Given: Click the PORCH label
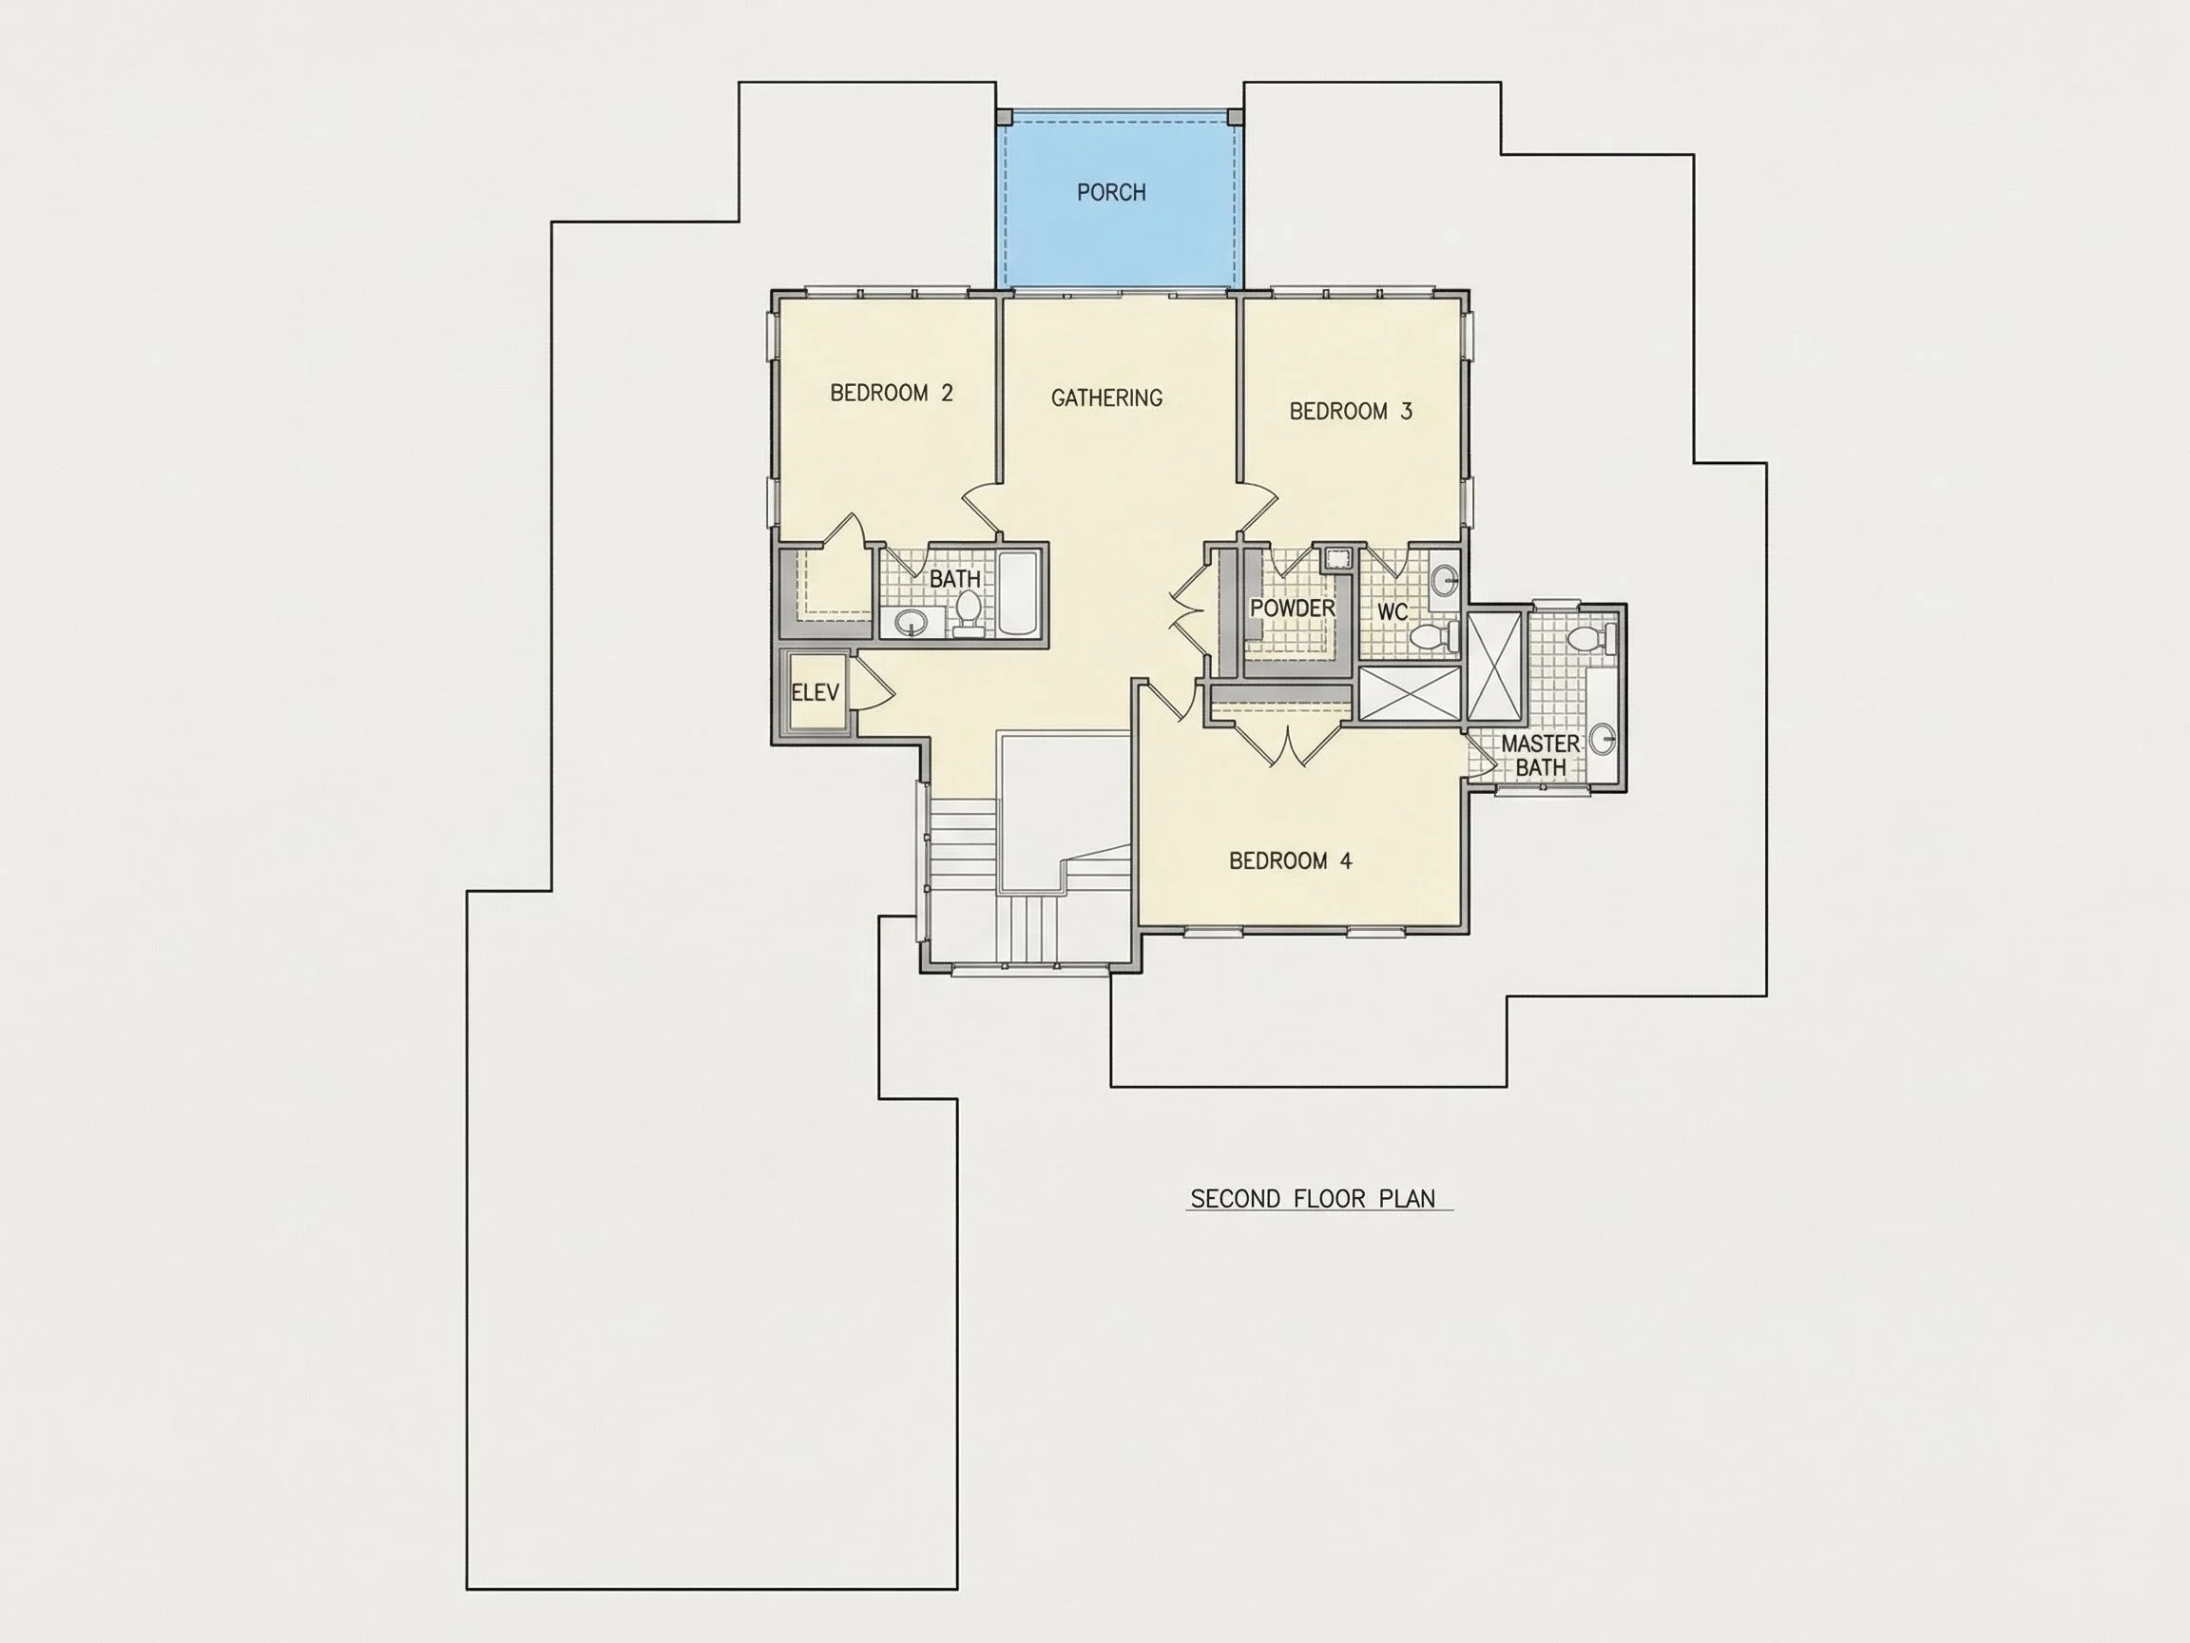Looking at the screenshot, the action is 1111,192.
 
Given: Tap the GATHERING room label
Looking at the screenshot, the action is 1105,398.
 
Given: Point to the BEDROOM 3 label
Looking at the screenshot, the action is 1351,411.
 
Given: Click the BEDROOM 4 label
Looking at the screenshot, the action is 1290,860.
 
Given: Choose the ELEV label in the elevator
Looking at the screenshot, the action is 815,692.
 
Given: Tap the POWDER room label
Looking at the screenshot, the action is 1293,609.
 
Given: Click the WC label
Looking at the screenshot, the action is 1392,612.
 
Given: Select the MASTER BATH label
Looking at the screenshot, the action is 1541,755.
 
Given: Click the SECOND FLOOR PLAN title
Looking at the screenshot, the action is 1313,1199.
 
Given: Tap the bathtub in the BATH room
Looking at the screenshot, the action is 1018,593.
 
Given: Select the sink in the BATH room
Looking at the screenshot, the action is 910,623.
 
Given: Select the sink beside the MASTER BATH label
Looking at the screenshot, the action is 1603,739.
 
